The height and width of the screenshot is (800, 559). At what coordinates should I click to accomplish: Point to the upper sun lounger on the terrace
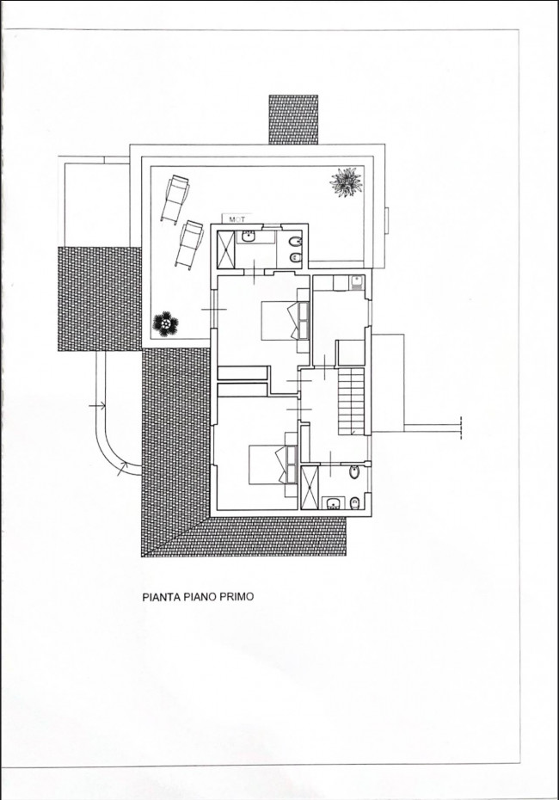[176, 197]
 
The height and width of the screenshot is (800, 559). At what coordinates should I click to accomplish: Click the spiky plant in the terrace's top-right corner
[347, 182]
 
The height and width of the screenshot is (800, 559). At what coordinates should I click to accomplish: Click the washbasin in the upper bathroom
[249, 237]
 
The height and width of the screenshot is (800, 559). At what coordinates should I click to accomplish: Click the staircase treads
[352, 400]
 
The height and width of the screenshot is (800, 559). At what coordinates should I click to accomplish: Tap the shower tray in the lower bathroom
[310, 487]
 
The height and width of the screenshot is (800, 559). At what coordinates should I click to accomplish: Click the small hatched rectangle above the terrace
[293, 120]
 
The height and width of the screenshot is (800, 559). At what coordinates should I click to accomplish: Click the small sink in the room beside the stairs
[355, 280]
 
